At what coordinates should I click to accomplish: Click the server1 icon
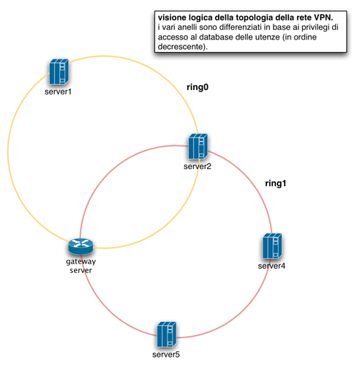pyautogui.click(x=59, y=72)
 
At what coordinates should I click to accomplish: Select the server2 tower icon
pyautogui.click(x=198, y=146)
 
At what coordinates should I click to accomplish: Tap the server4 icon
pyautogui.click(x=272, y=246)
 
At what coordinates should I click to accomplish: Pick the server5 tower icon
pyautogui.click(x=167, y=335)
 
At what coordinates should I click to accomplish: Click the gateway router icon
pyautogui.click(x=80, y=246)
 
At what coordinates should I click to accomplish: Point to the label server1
pyautogui.click(x=58, y=91)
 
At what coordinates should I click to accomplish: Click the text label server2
pyautogui.click(x=198, y=166)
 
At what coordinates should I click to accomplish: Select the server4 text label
pyautogui.click(x=271, y=266)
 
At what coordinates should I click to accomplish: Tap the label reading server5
pyautogui.click(x=166, y=354)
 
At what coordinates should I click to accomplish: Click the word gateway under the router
pyautogui.click(x=81, y=261)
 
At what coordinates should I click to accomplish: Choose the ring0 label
pyautogui.click(x=198, y=87)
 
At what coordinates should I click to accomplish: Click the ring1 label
pyautogui.click(x=276, y=183)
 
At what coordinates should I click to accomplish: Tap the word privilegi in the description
pyautogui.click(x=314, y=27)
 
